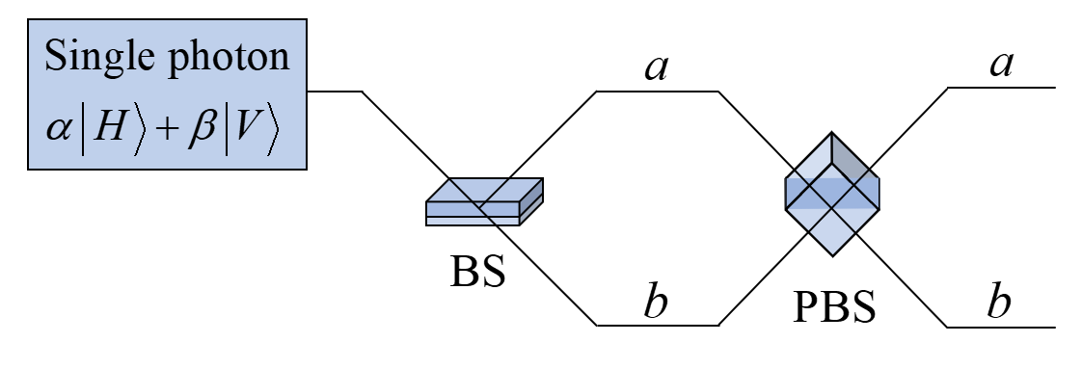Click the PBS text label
(x=834, y=307)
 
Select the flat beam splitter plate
(x=484, y=200)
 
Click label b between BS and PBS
(x=656, y=303)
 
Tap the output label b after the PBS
(x=999, y=303)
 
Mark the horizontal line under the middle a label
(x=657, y=92)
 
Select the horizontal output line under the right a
(x=1003, y=88)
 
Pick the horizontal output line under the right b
(x=1003, y=327)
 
